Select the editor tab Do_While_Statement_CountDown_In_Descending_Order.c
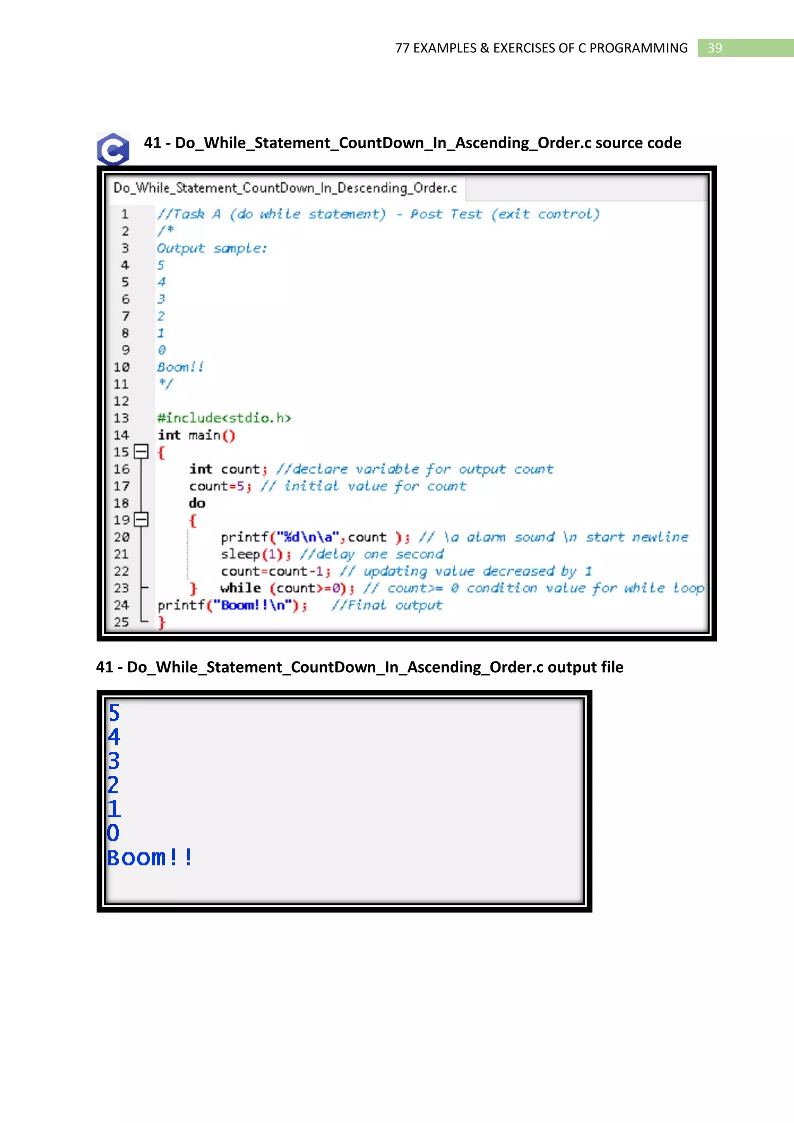(285, 188)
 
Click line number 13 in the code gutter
(121, 418)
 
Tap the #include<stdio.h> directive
(224, 418)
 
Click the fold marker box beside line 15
(141, 452)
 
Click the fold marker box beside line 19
(141, 519)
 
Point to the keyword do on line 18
(197, 503)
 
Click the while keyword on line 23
(240, 588)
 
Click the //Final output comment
(387, 606)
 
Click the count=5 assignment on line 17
(217, 486)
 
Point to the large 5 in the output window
(114, 713)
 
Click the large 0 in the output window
(113, 833)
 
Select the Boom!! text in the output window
(150, 857)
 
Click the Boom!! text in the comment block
(180, 367)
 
